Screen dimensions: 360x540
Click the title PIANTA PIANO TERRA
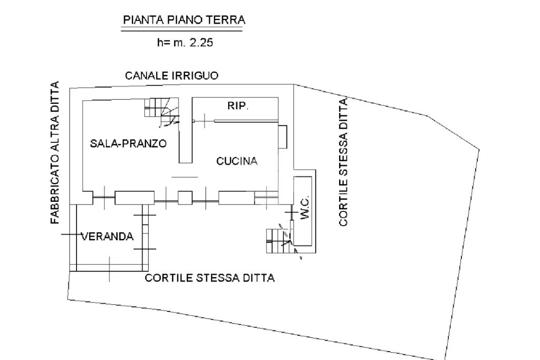point(184,21)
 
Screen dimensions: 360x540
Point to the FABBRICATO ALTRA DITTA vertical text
point(55,153)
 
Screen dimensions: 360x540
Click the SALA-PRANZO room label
point(128,143)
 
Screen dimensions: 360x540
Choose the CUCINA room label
point(237,161)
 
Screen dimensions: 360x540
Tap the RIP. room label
point(238,105)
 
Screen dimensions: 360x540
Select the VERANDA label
point(107,236)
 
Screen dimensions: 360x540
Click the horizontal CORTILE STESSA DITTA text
point(210,278)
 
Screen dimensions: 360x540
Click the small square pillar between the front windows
point(186,198)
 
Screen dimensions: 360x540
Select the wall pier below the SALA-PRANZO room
point(134,198)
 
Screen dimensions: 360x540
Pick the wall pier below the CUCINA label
point(236,198)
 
